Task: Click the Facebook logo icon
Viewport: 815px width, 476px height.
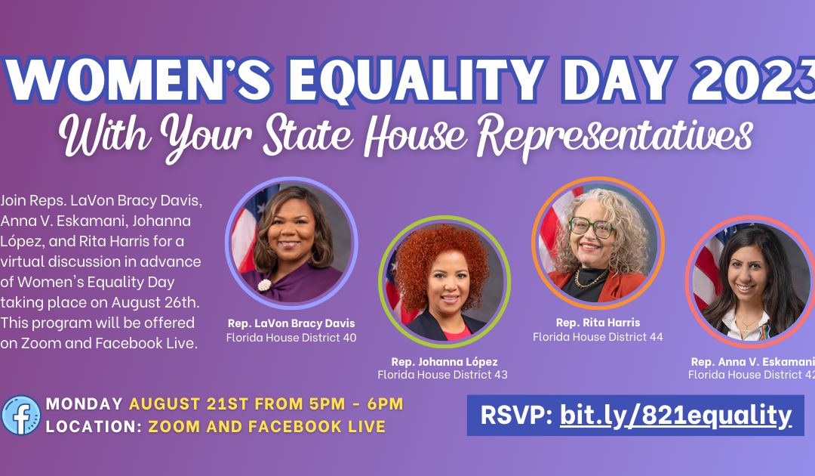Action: [20, 415]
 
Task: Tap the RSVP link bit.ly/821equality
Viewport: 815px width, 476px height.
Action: [675, 415]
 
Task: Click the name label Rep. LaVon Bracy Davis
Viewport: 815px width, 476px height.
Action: [291, 324]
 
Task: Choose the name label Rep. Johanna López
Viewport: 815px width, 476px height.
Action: [444, 362]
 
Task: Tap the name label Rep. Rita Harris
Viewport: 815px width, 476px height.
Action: [598, 323]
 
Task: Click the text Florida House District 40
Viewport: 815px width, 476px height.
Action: [291, 338]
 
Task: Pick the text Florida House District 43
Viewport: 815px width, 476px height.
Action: [443, 375]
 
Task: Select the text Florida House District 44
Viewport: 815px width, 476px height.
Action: [598, 337]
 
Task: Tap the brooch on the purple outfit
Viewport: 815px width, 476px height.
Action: [265, 285]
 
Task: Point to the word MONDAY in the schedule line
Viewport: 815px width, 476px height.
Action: [84, 404]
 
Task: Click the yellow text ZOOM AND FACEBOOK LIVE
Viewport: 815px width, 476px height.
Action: [266, 426]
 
